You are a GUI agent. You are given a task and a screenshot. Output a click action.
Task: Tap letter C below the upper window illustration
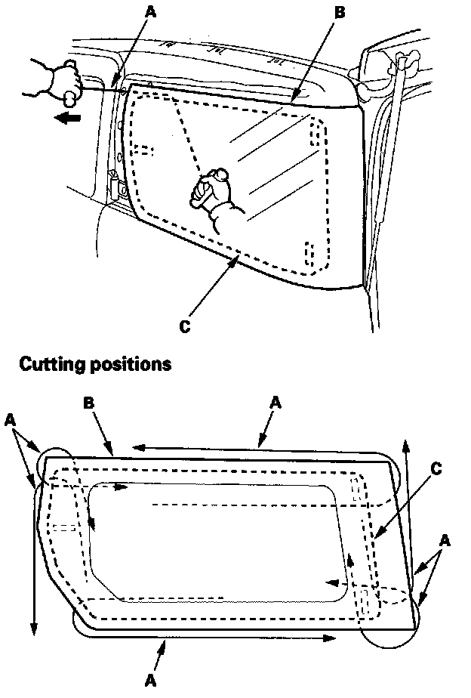tap(184, 327)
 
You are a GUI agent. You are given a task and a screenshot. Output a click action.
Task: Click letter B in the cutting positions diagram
tap(88, 404)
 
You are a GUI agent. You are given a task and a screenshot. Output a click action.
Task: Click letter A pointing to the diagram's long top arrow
tap(276, 404)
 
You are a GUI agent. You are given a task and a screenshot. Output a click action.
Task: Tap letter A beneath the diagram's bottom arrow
tap(152, 680)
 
